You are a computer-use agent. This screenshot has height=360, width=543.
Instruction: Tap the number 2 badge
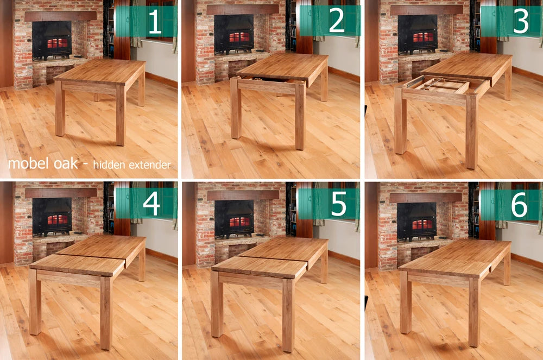(x=336, y=22)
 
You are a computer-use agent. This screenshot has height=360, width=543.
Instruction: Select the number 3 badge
(x=520, y=22)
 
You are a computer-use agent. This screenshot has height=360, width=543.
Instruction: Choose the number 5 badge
(x=338, y=204)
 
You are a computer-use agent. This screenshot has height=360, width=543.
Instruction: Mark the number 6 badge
(x=520, y=204)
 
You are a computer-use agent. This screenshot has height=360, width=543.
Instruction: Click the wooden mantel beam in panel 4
(x=60, y=193)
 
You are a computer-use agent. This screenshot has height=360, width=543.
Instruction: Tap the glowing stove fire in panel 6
(x=421, y=224)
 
